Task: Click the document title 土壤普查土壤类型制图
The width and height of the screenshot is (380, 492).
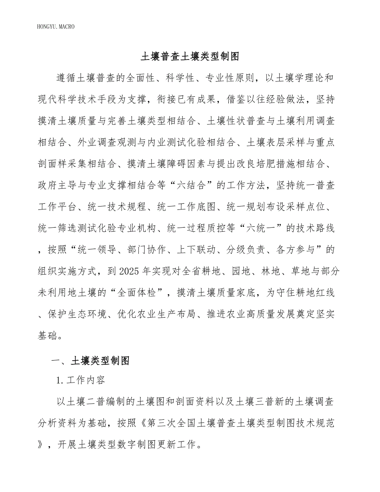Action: coord(190,56)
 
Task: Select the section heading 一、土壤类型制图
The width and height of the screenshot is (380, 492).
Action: coord(90,360)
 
